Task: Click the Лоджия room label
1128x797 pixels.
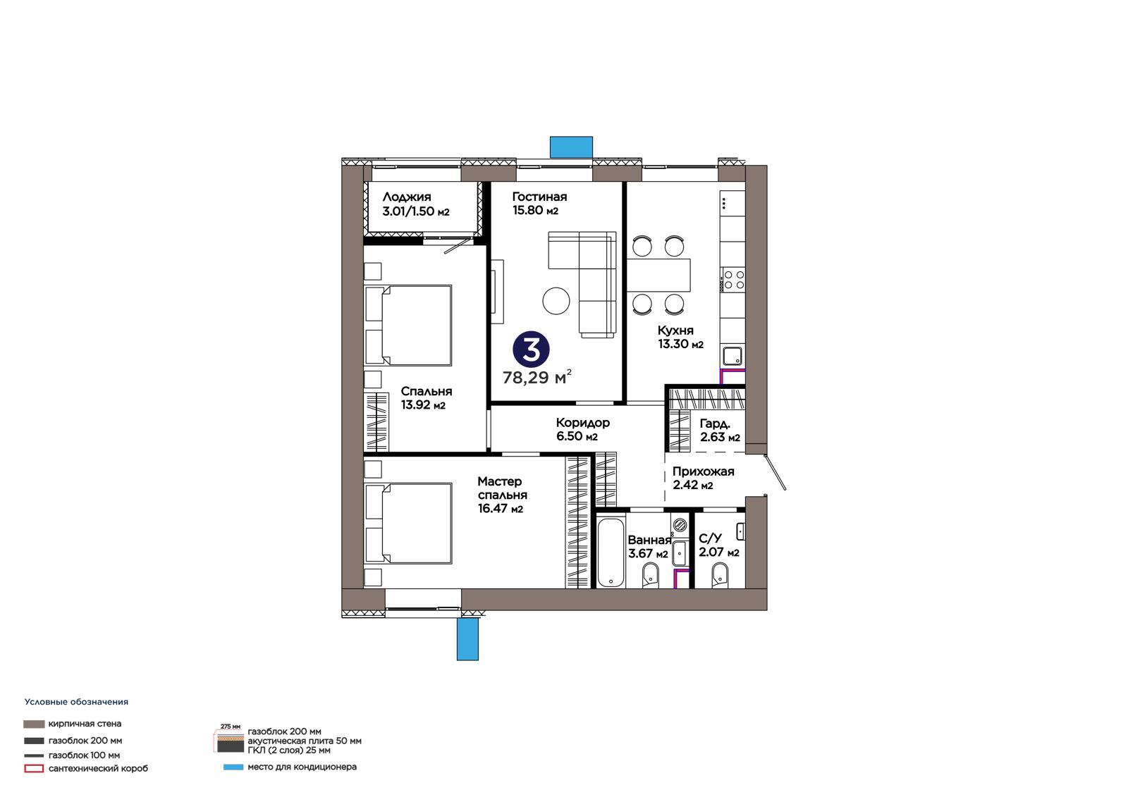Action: (415, 204)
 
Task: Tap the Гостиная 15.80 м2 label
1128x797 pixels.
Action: (539, 204)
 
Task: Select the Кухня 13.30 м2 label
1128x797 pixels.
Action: (680, 337)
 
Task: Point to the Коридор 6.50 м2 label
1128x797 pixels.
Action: (582, 429)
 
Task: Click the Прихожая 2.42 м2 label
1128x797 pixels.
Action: (703, 478)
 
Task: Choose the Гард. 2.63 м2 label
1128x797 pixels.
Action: (720, 431)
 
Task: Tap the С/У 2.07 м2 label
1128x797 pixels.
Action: (718, 545)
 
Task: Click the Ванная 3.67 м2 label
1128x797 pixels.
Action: (649, 546)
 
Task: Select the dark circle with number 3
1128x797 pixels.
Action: (531, 350)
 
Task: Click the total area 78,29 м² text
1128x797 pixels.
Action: (537, 376)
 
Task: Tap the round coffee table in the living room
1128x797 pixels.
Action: (556, 301)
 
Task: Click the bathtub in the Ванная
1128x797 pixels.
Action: (611, 552)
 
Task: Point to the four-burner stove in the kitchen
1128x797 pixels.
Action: (732, 280)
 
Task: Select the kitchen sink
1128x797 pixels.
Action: (732, 356)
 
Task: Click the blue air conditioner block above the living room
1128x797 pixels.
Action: (571, 147)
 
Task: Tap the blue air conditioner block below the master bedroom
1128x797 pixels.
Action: (467, 639)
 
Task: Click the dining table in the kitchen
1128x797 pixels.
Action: (658, 275)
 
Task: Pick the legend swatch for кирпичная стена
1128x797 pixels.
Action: (34, 724)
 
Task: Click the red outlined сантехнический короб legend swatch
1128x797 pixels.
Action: (34, 769)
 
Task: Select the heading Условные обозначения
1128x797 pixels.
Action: (77, 702)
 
